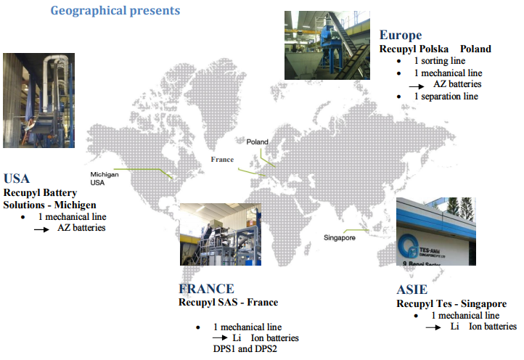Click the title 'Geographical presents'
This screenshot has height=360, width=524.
[115, 11]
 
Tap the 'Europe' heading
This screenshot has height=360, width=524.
[401, 36]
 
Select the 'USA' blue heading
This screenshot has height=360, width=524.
[17, 179]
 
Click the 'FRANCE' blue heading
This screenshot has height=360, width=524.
[207, 288]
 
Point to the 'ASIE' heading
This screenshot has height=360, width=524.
[412, 290]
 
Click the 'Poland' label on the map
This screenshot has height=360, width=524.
[258, 142]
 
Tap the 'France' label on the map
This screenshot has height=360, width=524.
[222, 160]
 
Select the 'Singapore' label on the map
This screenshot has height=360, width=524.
[340, 237]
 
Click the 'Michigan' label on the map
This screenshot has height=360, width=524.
[105, 174]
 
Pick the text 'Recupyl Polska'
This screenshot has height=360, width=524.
[414, 49]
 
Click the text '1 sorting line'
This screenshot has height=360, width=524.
[440, 61]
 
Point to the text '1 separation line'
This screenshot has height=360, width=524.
[446, 97]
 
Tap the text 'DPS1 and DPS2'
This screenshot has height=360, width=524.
[245, 349]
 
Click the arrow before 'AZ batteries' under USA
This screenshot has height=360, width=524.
[42, 229]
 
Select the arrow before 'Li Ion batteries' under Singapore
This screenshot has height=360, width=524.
[433, 327]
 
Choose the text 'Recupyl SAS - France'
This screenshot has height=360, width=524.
[228, 302]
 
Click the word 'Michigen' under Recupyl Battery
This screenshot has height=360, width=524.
[75, 205]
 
